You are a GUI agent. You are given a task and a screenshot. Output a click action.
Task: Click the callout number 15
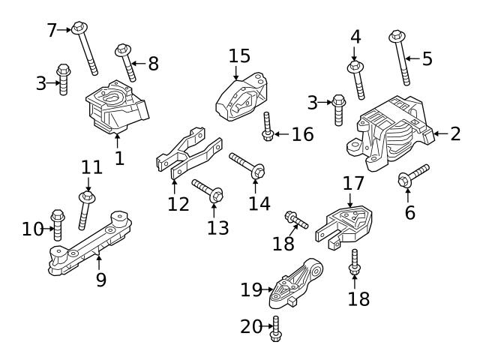[x=239, y=56]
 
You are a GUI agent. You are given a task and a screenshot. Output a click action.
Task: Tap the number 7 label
[x=52, y=30]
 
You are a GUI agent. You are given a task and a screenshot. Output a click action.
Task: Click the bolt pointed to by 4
[x=356, y=79]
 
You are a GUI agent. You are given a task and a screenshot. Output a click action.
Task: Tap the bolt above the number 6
[x=412, y=175]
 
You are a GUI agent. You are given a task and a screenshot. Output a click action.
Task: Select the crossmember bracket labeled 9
[x=90, y=244]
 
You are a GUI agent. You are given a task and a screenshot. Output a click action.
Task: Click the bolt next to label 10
[x=57, y=226]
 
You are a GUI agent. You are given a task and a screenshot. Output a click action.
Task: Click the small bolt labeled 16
[x=267, y=127]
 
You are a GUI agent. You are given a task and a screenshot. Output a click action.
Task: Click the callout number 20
[x=250, y=327]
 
